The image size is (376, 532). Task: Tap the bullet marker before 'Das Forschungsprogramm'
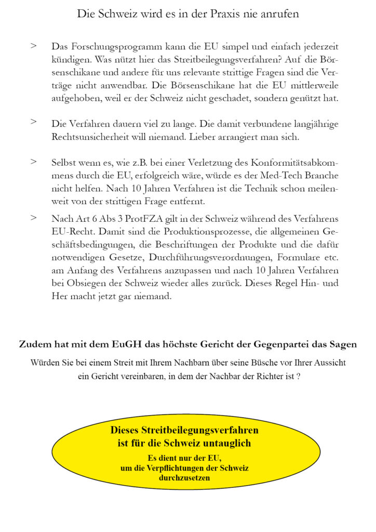pos(34,46)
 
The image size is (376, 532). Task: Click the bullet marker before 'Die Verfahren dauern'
pos(34,122)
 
